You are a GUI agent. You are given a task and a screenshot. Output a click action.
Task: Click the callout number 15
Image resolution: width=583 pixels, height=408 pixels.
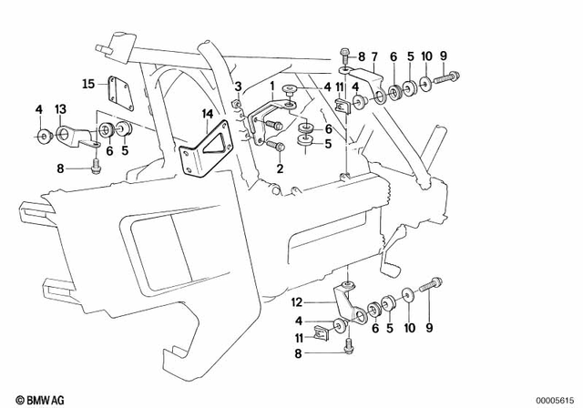[x=88, y=84]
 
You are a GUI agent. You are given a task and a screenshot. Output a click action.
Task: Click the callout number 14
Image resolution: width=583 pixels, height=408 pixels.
[x=208, y=114]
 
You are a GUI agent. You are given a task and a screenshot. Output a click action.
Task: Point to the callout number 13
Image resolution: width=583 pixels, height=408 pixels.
[x=62, y=110]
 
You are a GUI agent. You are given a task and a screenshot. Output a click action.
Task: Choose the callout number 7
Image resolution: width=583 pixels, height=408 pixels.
[x=373, y=56]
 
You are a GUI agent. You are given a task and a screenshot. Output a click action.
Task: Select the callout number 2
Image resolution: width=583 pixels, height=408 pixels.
[x=281, y=168]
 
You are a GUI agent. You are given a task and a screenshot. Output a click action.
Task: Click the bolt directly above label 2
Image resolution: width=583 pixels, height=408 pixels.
[x=280, y=146]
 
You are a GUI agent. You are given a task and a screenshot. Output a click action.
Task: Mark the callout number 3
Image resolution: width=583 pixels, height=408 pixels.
[x=237, y=87]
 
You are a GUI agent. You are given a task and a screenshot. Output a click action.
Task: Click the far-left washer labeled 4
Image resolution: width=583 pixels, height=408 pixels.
[x=42, y=138]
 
